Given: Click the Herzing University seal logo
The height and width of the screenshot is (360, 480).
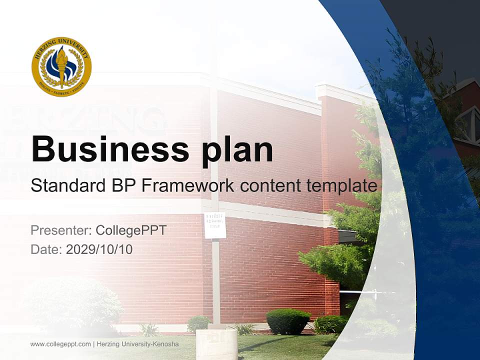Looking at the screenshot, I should point(61,66).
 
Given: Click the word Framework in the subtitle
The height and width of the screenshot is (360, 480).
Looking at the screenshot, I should point(188,186).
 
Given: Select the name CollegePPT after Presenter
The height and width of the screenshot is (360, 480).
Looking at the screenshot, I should point(131,230).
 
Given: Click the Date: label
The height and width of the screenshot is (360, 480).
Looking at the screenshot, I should point(46,249).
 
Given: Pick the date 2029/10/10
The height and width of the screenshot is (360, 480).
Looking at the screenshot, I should point(99,249).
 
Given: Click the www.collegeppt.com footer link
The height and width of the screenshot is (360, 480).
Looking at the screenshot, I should point(60,344).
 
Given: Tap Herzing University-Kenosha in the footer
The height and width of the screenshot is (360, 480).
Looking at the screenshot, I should point(137,344).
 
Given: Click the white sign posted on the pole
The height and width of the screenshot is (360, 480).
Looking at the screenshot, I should point(215,225).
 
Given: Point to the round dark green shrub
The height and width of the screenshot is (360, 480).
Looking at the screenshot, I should point(288,321).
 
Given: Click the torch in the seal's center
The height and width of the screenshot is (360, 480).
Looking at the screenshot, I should point(61,65).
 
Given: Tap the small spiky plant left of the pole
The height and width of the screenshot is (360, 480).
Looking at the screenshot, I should point(148,329).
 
